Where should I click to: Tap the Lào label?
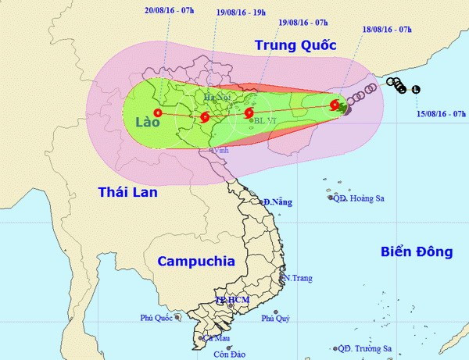pyautogui.click(x=147, y=123)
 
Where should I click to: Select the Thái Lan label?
pyautogui.click(x=128, y=191)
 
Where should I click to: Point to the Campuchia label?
pyautogui.click(x=195, y=261)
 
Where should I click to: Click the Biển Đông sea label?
pyautogui.click(x=416, y=251)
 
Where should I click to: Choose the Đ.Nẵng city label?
pyautogui.click(x=277, y=202)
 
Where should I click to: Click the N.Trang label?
pyautogui.click(x=298, y=278)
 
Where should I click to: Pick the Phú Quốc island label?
pyautogui.click(x=156, y=318)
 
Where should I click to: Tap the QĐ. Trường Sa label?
pyautogui.click(x=367, y=349)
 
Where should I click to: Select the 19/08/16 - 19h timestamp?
pyautogui.click(x=242, y=13)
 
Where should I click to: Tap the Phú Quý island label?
pyautogui.click(x=276, y=318)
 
